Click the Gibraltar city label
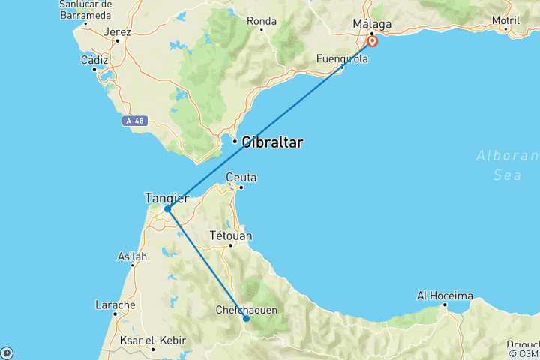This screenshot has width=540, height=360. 272,142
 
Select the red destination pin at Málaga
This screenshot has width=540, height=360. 372,40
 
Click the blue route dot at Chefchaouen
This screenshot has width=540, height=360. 246,319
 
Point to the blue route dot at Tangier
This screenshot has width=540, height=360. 167,209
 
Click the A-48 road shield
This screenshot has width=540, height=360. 135,120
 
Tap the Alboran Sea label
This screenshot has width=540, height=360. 508,165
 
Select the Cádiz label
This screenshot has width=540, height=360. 94,59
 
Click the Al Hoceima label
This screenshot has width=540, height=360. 445,295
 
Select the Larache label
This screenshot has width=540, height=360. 115,305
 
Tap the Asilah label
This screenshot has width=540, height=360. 133,256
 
